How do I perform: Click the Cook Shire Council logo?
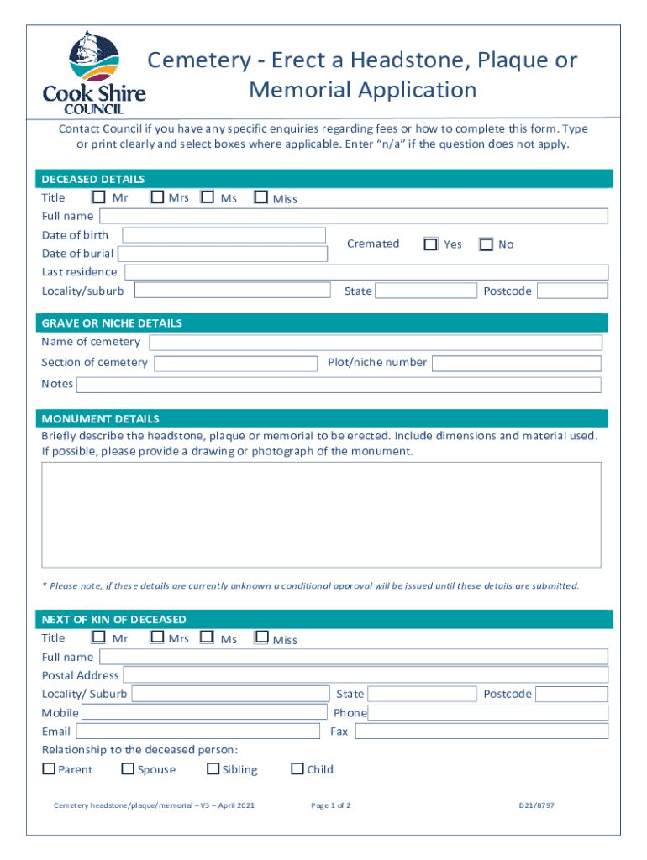tap(94, 72)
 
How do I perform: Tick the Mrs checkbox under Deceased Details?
tap(157, 197)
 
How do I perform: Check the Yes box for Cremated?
tap(431, 244)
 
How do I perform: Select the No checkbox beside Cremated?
tap(487, 244)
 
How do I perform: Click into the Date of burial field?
tap(222, 254)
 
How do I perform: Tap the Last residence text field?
tap(366, 272)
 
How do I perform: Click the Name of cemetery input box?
tap(375, 343)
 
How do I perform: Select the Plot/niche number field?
tap(516, 364)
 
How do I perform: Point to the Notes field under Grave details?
tap(339, 385)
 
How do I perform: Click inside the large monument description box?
tap(321, 514)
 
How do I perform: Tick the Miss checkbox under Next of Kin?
tap(261, 638)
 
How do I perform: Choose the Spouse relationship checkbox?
tap(128, 768)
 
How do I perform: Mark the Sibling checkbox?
tap(213, 768)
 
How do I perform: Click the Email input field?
tap(199, 732)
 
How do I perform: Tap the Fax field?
tap(480, 732)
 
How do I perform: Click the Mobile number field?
tap(205, 713)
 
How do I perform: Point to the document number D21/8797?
tap(536, 805)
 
